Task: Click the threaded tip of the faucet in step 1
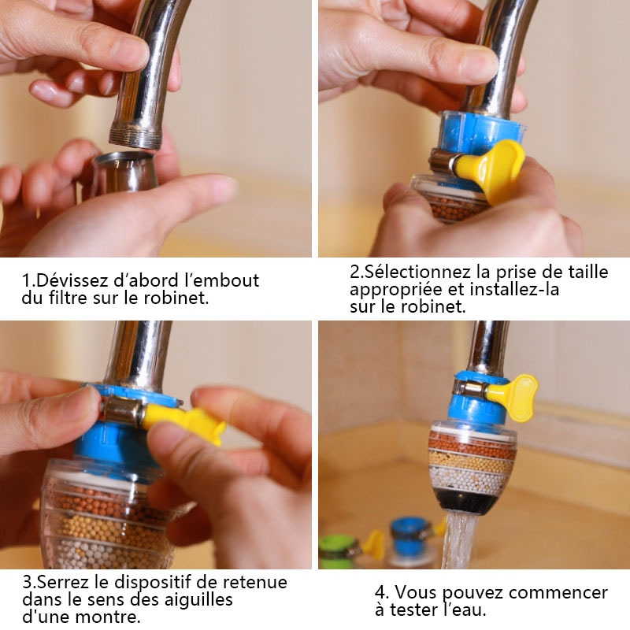tap(134, 138)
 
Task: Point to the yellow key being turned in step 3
tap(183, 422)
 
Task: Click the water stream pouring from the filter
tap(460, 540)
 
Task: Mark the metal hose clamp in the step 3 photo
tap(120, 409)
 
